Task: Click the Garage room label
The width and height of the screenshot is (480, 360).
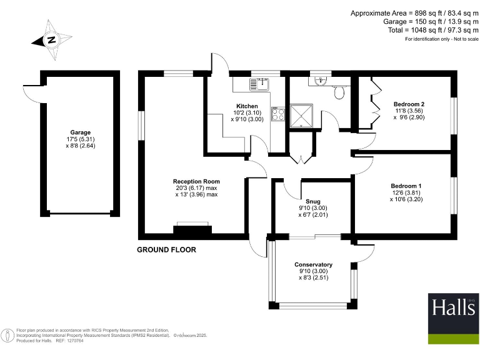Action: (x=81, y=132)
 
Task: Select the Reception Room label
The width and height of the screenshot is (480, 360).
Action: (x=196, y=182)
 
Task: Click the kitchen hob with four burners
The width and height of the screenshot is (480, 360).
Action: (x=278, y=114)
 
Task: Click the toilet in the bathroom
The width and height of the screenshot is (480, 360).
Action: (x=339, y=92)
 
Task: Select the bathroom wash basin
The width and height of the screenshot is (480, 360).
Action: (x=321, y=80)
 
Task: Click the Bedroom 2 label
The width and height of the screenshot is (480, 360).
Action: (x=409, y=104)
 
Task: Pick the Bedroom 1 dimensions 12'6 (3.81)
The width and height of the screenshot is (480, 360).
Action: (x=406, y=193)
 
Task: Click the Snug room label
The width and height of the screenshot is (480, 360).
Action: (x=313, y=201)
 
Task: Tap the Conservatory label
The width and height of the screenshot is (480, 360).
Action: (x=313, y=264)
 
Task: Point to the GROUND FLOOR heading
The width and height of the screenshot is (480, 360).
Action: (x=166, y=249)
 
